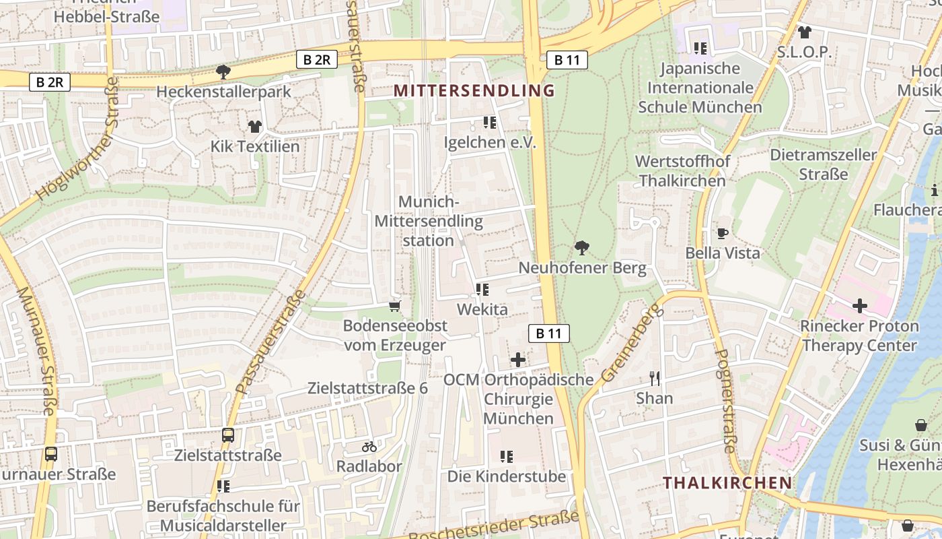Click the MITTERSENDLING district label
tap(474, 90)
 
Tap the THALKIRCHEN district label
tap(727, 482)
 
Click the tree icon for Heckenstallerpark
tap(223, 71)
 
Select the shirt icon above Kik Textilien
tap(254, 126)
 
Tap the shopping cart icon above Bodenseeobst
tap(394, 306)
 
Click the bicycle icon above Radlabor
tap(369, 446)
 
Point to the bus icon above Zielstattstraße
tap(228, 435)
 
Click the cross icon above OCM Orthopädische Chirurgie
tap(517, 359)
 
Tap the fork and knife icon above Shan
tap(655, 378)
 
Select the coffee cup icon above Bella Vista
tap(723, 233)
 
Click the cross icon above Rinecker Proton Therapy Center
tap(859, 306)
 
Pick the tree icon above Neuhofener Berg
tap(581, 248)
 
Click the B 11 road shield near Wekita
tap(548, 333)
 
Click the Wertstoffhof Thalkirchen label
tap(682, 171)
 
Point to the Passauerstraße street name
tap(270, 344)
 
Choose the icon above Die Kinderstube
tap(507, 457)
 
